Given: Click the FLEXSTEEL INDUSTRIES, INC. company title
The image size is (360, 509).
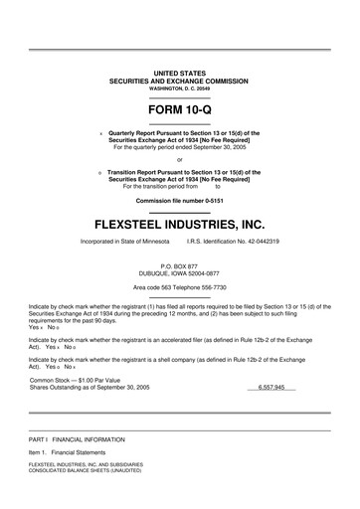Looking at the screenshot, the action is (180, 216).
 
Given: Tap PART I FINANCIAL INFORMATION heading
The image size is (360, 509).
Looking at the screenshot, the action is (77, 438).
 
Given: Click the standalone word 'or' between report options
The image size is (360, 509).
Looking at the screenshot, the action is (179, 159).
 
